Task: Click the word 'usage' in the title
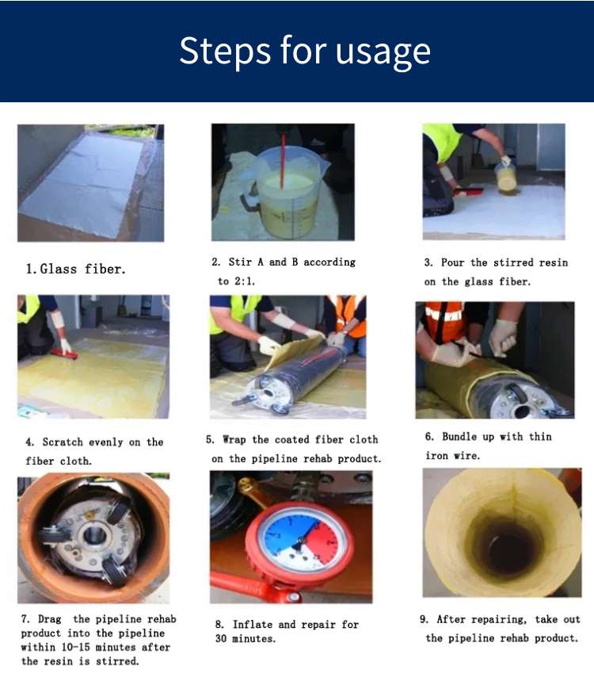383,52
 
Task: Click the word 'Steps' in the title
225,52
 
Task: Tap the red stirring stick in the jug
283,161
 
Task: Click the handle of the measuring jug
249,186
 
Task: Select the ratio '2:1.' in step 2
245,281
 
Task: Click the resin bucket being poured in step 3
505,176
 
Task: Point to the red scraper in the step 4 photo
65,354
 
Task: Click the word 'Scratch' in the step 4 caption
63,442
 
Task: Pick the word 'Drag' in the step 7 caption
50,619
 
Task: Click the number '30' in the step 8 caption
221,639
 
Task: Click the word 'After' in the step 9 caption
451,619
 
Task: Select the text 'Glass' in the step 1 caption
59,269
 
